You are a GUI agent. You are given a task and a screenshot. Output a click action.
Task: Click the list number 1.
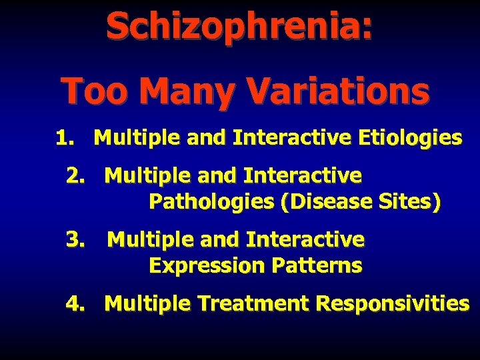[63, 138]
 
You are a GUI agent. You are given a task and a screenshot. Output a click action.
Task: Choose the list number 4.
[75, 303]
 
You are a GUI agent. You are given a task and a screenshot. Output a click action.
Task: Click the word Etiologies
[409, 138]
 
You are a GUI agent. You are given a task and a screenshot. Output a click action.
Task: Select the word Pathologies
[213, 201]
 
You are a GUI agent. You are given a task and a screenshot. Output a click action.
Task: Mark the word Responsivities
[393, 303]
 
